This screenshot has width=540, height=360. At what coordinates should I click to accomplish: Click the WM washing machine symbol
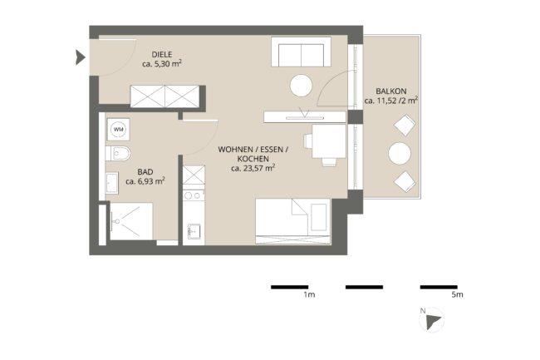(x=118, y=130)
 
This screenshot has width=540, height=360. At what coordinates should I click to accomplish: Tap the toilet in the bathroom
(x=118, y=153)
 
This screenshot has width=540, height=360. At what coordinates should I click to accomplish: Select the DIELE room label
(x=162, y=54)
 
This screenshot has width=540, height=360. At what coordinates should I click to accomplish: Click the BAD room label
(x=145, y=172)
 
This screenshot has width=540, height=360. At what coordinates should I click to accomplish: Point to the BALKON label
(x=391, y=91)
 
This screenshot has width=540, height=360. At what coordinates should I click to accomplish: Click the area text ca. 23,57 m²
(x=253, y=168)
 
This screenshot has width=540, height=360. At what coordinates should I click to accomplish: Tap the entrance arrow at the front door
(x=81, y=57)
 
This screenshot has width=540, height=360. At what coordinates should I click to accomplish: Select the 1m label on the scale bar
(x=309, y=295)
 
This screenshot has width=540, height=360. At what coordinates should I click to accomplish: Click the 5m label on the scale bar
(x=458, y=295)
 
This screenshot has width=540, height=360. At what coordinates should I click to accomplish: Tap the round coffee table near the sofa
(x=301, y=86)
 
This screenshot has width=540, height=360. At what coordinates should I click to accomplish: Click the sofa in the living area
(x=301, y=52)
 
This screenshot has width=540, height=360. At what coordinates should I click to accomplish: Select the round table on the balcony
(x=400, y=153)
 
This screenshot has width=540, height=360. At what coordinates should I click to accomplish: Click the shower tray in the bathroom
(x=131, y=221)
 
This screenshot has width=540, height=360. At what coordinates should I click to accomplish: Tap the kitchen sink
(x=194, y=231)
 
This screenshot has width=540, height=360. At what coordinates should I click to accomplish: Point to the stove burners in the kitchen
(x=194, y=195)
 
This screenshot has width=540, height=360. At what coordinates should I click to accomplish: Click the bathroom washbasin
(x=112, y=183)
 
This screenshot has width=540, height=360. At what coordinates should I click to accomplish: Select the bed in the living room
(x=293, y=221)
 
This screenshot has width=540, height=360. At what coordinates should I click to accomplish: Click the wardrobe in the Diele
(x=165, y=96)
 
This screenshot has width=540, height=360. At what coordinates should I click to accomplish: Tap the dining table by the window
(x=329, y=141)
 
